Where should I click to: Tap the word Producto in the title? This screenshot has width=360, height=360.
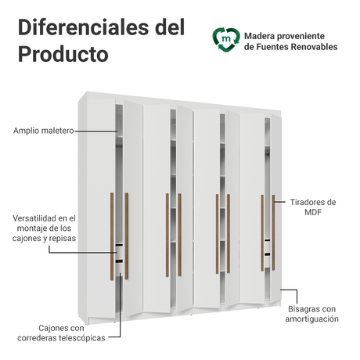63,54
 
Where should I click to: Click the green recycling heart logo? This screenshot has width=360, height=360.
226,40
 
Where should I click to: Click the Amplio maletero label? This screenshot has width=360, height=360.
44,131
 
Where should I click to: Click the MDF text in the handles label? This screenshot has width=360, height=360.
313,212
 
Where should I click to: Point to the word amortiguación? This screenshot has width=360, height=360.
311,319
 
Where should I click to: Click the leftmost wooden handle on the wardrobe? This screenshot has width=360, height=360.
112,236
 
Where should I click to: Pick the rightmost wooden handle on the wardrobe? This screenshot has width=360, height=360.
273,232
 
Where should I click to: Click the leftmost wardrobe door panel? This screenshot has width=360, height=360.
101,208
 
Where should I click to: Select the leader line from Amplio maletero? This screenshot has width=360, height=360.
96,131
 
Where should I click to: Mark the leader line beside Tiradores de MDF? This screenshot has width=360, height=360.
280,202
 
